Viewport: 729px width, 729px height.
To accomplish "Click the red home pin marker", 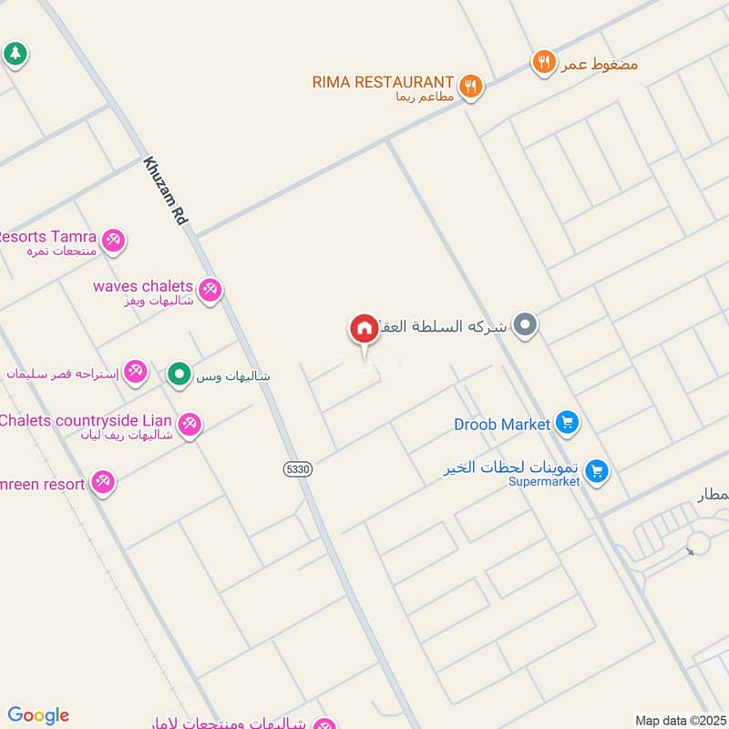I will pos(364,329).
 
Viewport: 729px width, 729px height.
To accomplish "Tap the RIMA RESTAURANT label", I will pos(383,82).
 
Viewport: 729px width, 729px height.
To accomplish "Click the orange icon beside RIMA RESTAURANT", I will pos(470,86).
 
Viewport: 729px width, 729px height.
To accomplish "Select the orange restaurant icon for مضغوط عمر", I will pos(544,62).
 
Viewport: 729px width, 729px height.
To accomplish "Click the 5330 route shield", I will pos(297,468).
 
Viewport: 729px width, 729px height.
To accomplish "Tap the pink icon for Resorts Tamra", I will pos(113,240).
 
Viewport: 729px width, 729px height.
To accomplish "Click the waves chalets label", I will pos(143,286).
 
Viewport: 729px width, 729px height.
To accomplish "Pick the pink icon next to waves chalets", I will pos(210,290).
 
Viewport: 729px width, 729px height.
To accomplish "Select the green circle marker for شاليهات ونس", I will pos(180,373).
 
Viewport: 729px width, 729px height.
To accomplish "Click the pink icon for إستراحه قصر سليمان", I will pos(136,370).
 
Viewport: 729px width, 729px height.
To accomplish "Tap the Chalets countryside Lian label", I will pos(87,420).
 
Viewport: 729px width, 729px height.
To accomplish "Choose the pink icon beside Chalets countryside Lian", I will pos(190,423).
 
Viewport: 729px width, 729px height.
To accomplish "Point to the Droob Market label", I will pos(502,425).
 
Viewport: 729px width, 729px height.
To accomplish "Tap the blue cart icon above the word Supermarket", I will pos(597,470).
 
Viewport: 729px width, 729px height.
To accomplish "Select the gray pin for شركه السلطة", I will pos(524,323).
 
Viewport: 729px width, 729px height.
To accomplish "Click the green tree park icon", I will pos(15,53).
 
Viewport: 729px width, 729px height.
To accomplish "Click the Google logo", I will pos(38,715).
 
